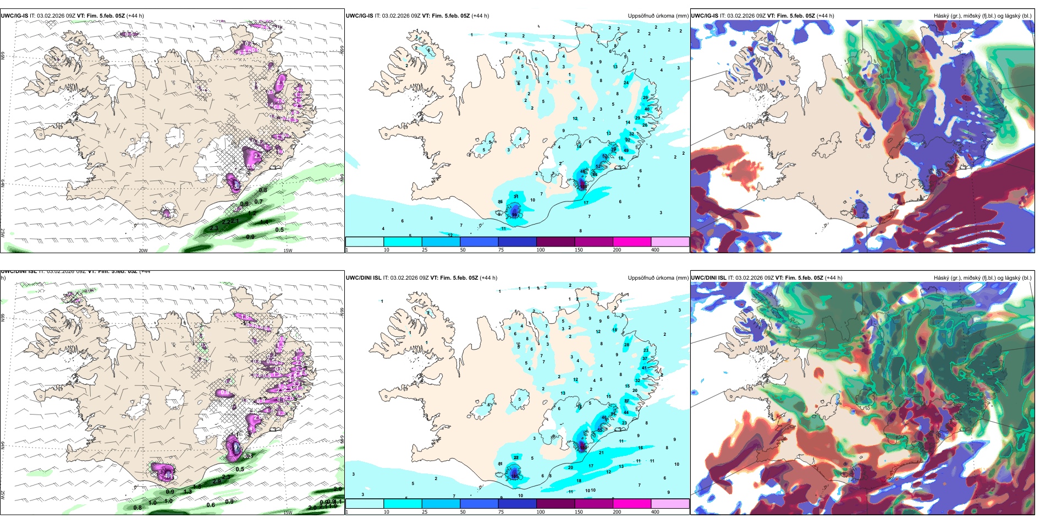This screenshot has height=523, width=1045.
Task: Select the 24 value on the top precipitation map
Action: [x=626, y=83]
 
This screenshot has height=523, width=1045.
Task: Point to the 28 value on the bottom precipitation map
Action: [x=626, y=345]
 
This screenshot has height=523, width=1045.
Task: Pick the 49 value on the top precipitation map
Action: [x=626, y=150]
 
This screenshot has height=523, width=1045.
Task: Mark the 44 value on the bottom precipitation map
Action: [x=626, y=412]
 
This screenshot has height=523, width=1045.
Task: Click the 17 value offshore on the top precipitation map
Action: [x=586, y=203]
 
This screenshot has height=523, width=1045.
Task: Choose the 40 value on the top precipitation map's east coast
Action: [x=647, y=109]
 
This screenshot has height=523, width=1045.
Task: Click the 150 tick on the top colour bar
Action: [x=579, y=250]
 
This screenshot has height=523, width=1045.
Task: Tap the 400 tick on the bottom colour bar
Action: [x=655, y=512]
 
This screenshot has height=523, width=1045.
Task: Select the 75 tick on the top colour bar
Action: [x=501, y=250]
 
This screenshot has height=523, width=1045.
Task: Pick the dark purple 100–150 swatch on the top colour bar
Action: [x=555, y=242]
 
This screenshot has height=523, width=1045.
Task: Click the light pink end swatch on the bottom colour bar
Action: [x=670, y=504]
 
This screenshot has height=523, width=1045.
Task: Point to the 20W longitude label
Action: [x=143, y=250]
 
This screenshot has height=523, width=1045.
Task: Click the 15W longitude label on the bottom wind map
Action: [x=288, y=513]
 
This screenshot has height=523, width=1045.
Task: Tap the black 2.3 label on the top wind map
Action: [x=214, y=227]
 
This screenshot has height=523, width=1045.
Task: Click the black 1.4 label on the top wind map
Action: [x=264, y=222]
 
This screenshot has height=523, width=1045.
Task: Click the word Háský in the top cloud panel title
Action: [x=941, y=15]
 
